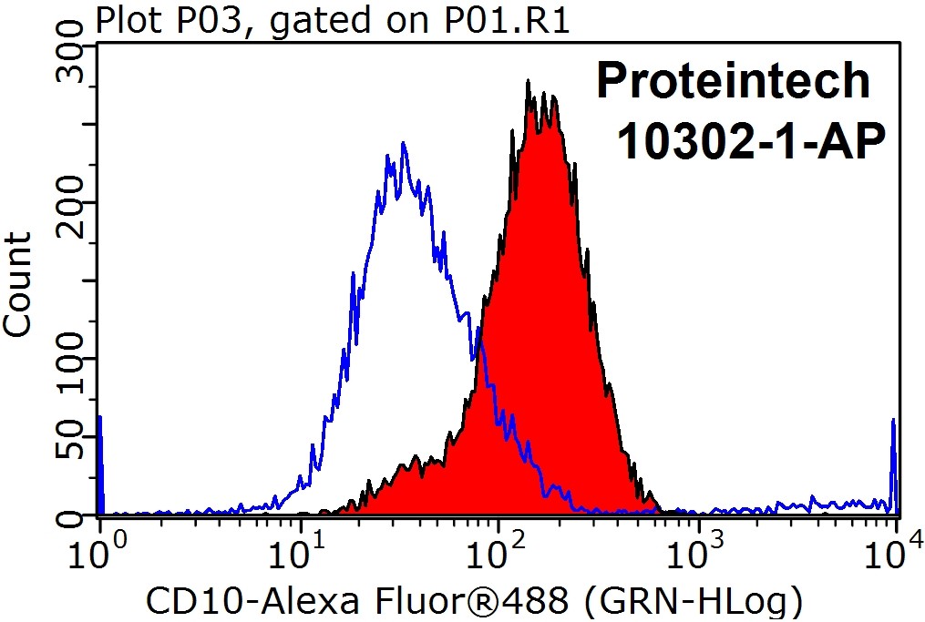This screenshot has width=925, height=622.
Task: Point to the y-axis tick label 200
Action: (x=71, y=202)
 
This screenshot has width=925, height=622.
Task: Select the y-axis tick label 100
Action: (x=71, y=359)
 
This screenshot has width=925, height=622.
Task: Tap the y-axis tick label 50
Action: (x=71, y=438)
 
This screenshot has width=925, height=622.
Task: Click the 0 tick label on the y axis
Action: (x=71, y=516)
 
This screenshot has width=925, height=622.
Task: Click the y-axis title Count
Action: (x=19, y=283)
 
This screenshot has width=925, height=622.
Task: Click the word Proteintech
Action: (x=733, y=82)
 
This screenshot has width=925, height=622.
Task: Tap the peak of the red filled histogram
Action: (x=529, y=84)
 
